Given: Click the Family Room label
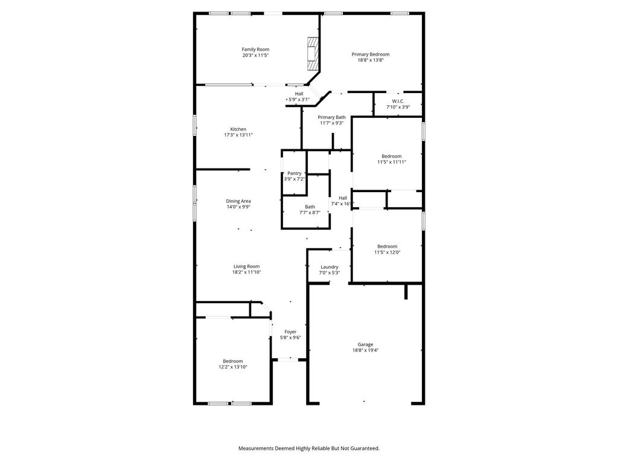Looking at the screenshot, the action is pos(255,50).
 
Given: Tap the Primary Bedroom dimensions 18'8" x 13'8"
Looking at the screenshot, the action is pos(371,60).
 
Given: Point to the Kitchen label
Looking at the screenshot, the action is pos(238,129).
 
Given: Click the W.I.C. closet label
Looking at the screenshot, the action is pos(398,101).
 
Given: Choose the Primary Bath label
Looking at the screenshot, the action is pos(331,117).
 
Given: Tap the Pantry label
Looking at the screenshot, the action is pos(295,173).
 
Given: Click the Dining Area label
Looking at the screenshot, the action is pos(238,201).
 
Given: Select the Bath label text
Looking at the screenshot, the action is pos(310,207).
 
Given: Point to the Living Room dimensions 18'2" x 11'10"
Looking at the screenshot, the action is pos(246,272).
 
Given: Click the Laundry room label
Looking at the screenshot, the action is pos(329,267).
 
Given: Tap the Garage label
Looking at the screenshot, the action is pos(365,344).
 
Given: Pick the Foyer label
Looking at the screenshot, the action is pos(290,332).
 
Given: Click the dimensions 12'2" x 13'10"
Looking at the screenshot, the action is pos(233,367).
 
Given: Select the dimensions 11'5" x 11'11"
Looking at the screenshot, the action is pos(391,162).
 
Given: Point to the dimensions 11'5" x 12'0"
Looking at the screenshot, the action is pos(387,252).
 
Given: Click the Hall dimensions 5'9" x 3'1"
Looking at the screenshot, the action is pos(299,100).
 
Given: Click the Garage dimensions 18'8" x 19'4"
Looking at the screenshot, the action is pos(365,350).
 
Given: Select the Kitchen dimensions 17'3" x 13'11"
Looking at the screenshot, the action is pos(238,135).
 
